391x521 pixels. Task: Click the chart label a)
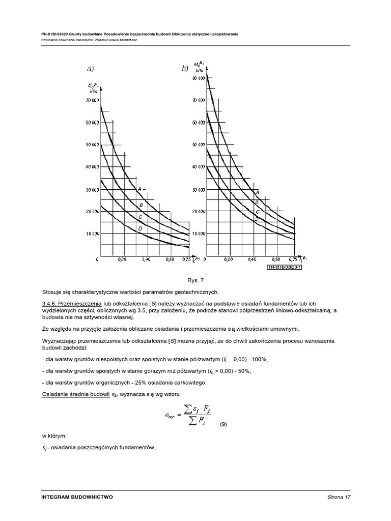90,68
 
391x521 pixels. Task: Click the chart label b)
185,68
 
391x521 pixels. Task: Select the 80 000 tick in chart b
198,78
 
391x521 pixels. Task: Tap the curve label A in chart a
139,189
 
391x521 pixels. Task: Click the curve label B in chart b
257,201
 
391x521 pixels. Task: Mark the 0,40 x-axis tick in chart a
146,259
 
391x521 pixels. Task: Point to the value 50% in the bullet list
243,371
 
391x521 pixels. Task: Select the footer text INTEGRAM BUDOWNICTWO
77,497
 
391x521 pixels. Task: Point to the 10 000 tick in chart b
198,234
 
